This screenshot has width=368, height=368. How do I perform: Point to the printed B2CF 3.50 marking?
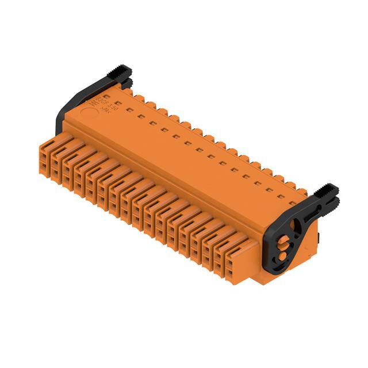[x=111, y=104]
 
